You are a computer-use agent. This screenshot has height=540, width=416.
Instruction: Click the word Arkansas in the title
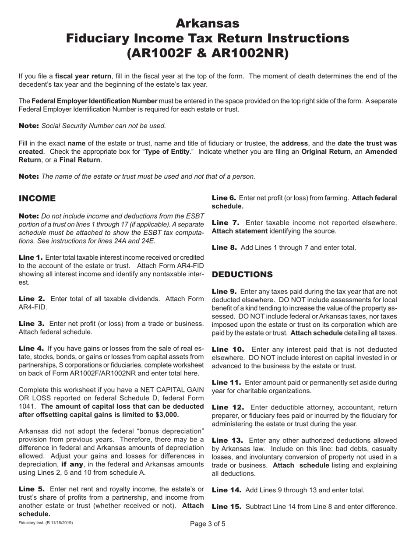208,22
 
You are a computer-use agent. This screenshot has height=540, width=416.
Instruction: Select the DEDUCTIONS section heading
242,275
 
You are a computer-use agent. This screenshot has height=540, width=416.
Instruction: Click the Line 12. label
227,406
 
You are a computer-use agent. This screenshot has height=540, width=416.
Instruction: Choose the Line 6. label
225,198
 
